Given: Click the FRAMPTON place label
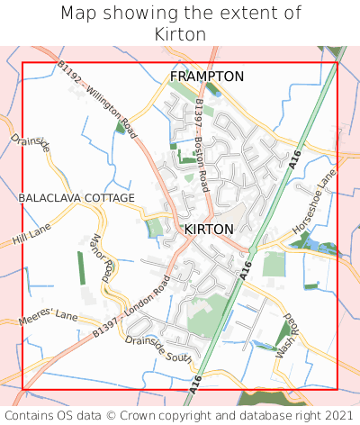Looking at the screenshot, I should click(x=207, y=77).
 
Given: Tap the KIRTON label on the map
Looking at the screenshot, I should click(x=209, y=230).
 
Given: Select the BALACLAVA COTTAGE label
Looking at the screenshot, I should click(x=76, y=198).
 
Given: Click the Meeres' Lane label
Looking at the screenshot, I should click(x=49, y=318).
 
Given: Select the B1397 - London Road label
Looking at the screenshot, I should click(x=130, y=308).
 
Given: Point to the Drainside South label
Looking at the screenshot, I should click(x=158, y=350).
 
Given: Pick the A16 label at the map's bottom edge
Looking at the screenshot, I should click(x=197, y=384).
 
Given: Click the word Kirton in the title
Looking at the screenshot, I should click(x=180, y=34).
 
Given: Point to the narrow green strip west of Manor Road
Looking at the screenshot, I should click(x=80, y=268).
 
